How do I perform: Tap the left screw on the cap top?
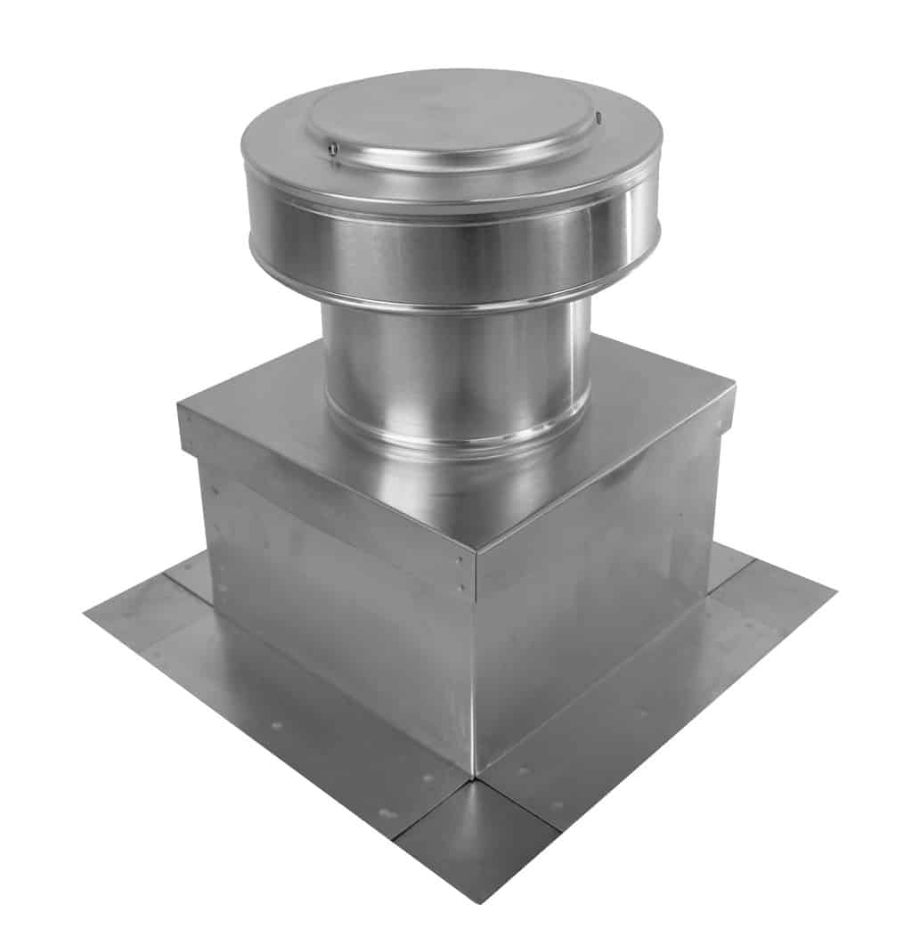331,150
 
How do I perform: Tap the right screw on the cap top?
599,117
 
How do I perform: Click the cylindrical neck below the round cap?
454,365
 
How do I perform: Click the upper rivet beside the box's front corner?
460,560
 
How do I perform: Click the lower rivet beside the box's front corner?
460,587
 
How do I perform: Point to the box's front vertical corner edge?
476,677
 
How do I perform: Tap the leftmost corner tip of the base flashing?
86,613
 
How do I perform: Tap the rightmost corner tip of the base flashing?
834,589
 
